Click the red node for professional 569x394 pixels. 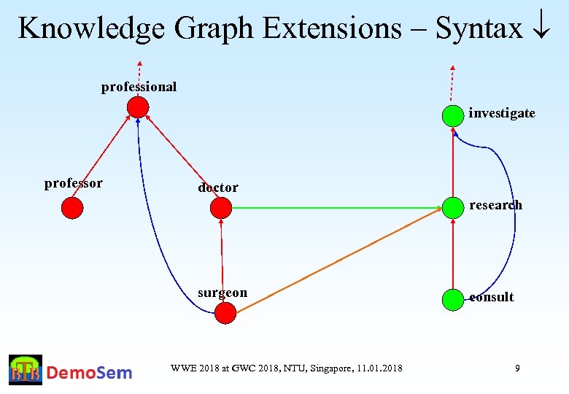pos(137,107)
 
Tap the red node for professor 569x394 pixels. pos(72,209)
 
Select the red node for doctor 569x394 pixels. pos(220,209)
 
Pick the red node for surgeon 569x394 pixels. pos(226,314)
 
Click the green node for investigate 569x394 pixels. pos(453,115)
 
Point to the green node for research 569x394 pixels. pos(453,208)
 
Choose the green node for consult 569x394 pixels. pos(453,298)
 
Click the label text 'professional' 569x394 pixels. pos(139,87)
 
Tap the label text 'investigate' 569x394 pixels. pos(502,113)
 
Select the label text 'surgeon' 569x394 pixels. pos(222,293)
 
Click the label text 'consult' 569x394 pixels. pos(492,297)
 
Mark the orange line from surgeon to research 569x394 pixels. pos(339,261)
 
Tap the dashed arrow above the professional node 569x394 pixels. pos(139,77)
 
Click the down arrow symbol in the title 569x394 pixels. pos(541,29)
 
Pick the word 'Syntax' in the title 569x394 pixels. pos(479,29)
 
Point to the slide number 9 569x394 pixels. pos(517,368)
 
